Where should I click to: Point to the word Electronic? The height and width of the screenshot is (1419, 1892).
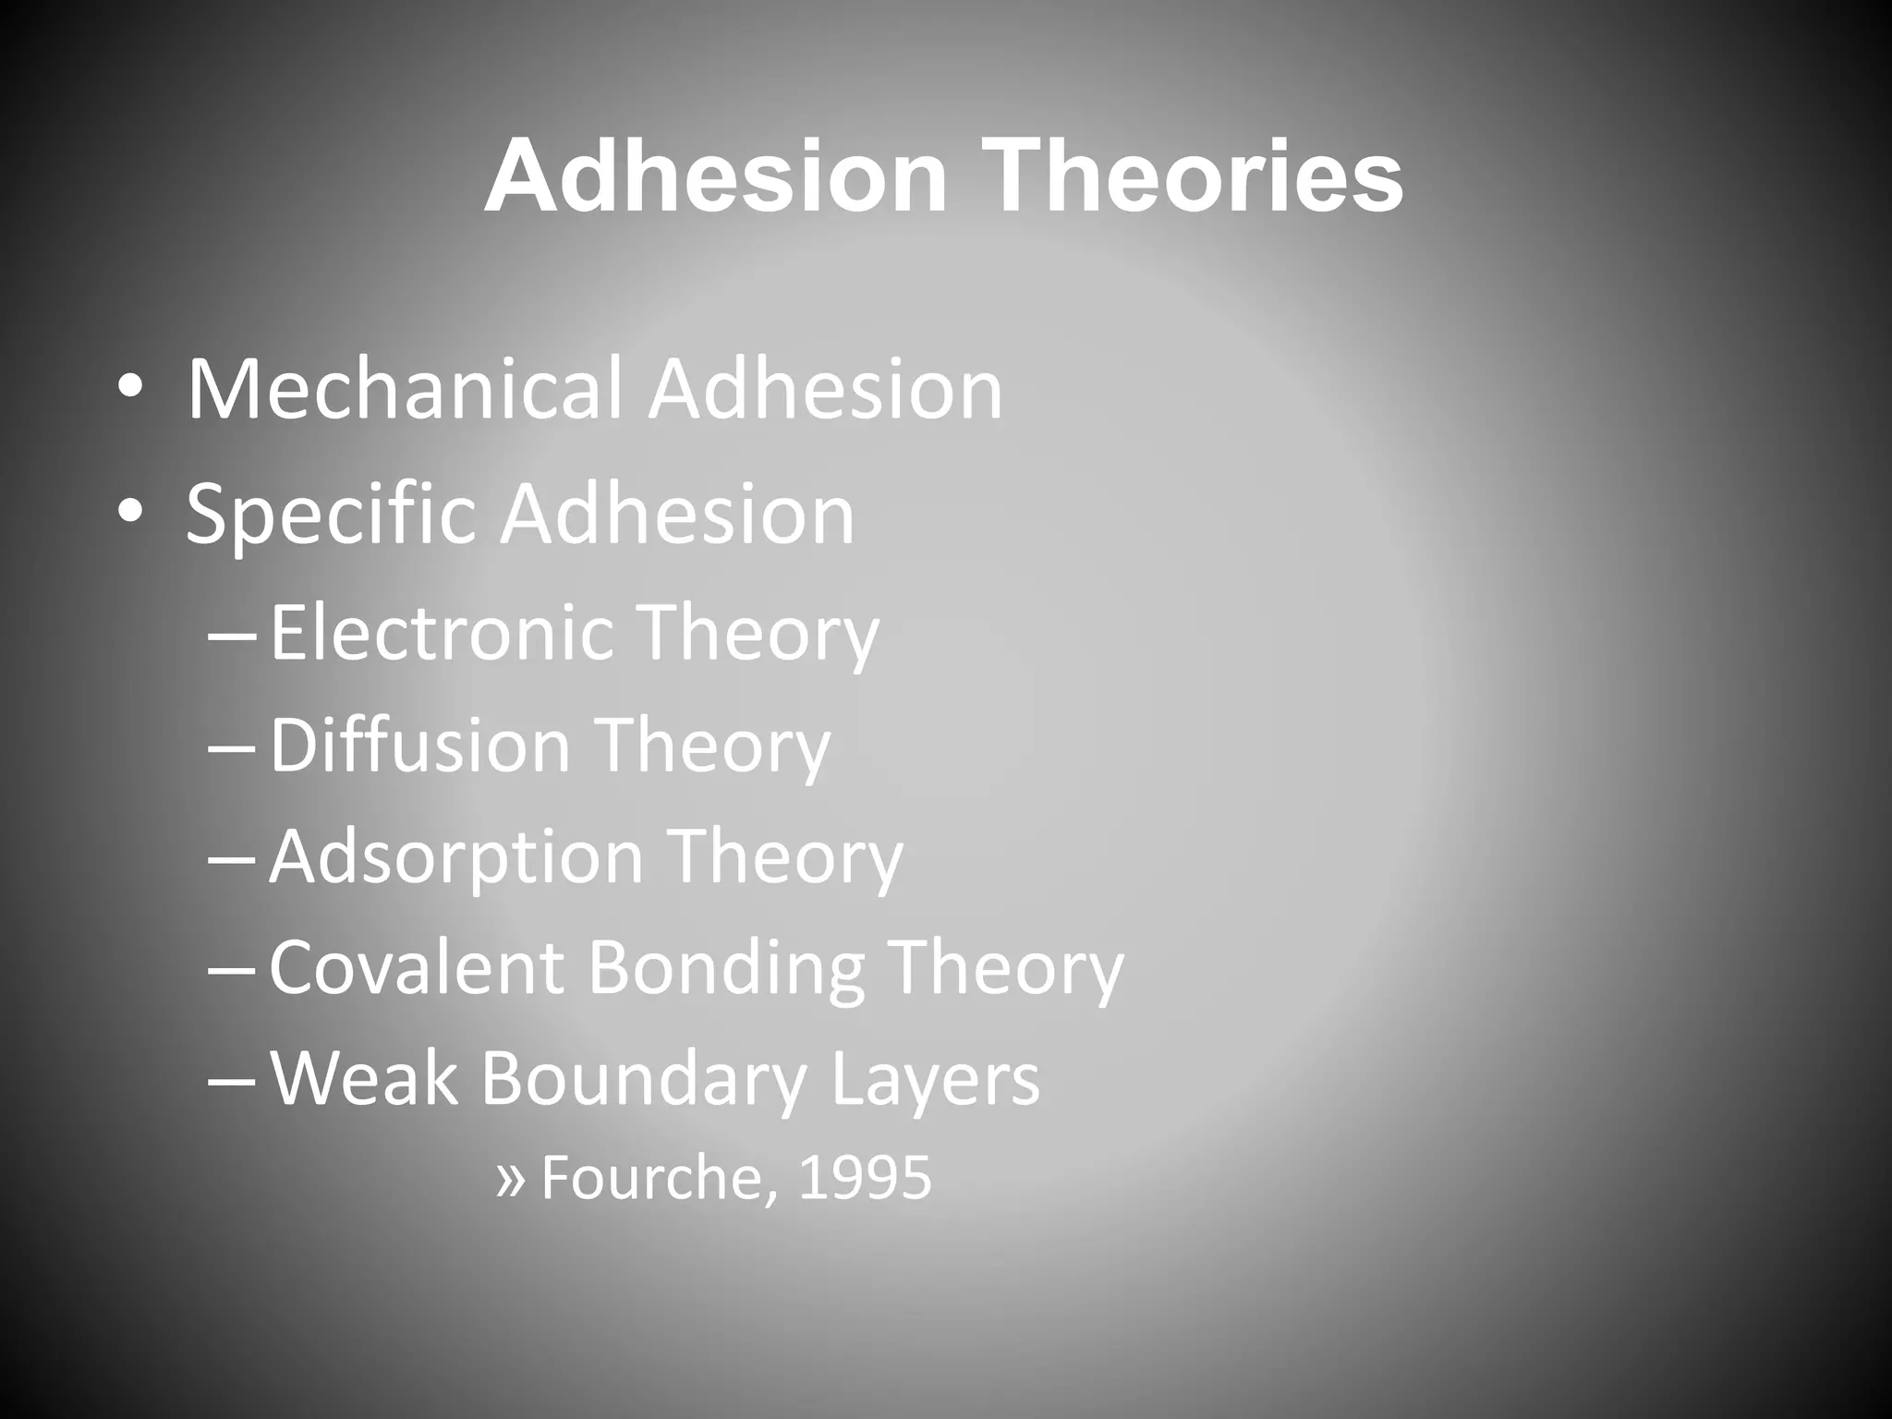click(x=442, y=633)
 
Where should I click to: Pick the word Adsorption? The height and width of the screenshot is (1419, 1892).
click(x=455, y=856)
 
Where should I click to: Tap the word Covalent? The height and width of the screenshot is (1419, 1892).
click(x=417, y=967)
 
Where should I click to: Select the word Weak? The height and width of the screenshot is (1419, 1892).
click(x=363, y=1078)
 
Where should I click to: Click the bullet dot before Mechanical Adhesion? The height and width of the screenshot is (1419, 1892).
click(x=129, y=392)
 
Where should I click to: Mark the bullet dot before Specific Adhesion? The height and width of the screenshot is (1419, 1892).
click(x=129, y=515)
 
